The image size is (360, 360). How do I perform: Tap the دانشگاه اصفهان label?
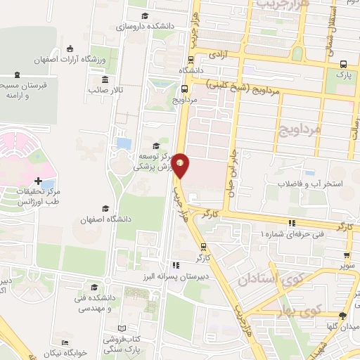tap(105, 219)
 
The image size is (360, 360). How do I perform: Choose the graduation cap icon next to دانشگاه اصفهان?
tap(105, 208)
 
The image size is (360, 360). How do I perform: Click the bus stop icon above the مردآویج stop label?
tap(184, 89)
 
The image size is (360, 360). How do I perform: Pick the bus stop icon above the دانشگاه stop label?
tap(188, 60)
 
